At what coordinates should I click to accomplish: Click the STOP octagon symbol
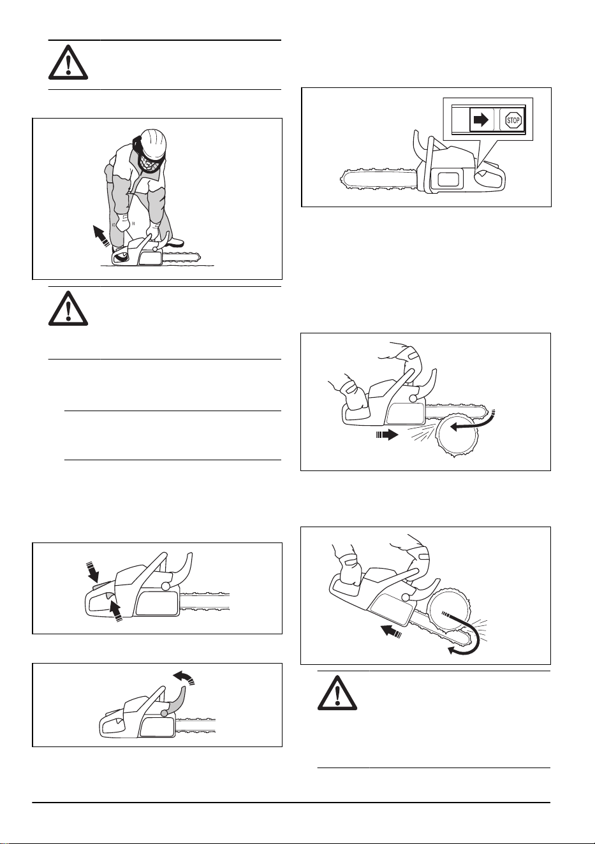pos(513,120)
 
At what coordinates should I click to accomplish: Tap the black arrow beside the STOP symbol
pos(481,120)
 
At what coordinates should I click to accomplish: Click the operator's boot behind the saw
pos(174,242)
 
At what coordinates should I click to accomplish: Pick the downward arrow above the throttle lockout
pos(92,572)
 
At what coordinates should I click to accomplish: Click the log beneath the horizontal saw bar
pos(455,436)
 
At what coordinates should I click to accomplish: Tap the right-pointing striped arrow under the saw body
pos(387,435)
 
